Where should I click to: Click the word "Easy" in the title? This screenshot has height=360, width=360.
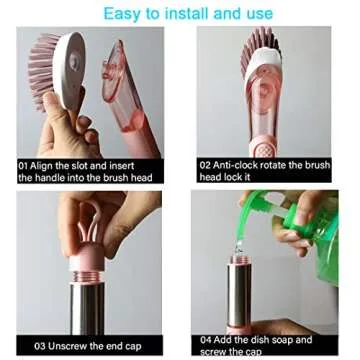click(122, 14)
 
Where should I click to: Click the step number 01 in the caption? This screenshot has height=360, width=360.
click(23, 166)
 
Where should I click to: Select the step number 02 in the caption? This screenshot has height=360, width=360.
click(205, 165)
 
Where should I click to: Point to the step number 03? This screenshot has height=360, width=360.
click(40, 346)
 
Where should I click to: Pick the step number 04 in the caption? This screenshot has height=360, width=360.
click(206, 340)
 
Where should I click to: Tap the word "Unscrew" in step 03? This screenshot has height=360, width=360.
click(62, 346)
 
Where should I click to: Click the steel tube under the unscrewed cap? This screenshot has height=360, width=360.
click(87, 308)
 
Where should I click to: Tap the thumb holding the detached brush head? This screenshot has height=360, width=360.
click(55, 110)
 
